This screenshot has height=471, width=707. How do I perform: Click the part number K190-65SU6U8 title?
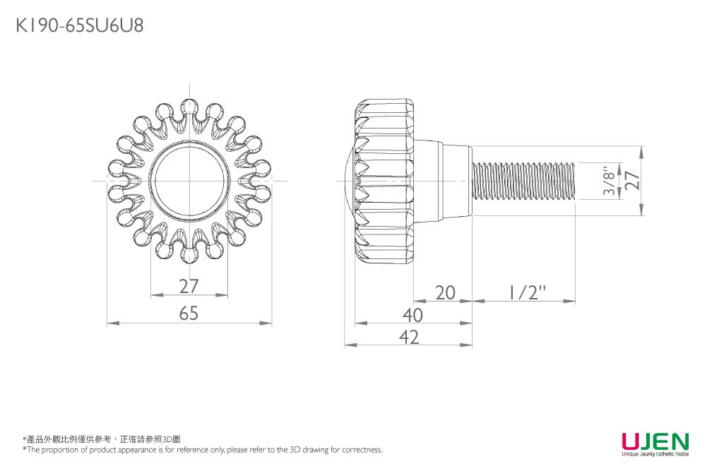(x=80, y=25)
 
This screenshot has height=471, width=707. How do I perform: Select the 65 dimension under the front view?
(x=189, y=314)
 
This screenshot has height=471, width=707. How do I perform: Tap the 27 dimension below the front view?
(x=189, y=286)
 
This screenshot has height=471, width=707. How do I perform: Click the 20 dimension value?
(x=445, y=293)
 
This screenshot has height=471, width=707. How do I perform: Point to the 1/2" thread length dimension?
(x=528, y=293)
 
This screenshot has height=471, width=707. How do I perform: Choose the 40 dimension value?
(x=412, y=316)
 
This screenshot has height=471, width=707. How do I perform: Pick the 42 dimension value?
(x=409, y=337)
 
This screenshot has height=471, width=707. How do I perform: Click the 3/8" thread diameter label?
(x=609, y=181)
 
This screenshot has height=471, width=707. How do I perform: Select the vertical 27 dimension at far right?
(x=633, y=181)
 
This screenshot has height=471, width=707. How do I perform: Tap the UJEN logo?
(x=655, y=442)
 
